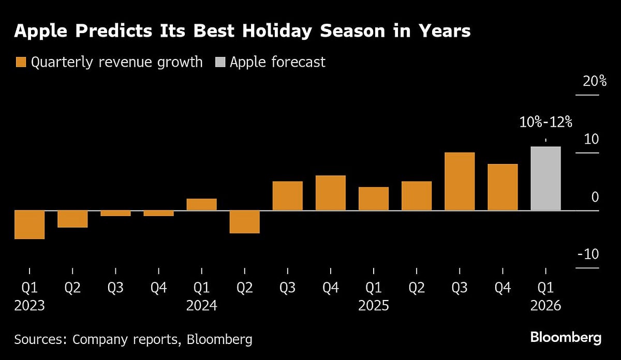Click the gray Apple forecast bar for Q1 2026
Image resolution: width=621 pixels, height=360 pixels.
click(545, 178)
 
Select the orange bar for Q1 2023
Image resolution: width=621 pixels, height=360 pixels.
click(29, 224)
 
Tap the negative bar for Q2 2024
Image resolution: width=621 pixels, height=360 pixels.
click(245, 222)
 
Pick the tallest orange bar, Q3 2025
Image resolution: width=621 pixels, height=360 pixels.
click(460, 182)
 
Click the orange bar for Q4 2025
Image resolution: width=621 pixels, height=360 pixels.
click(502, 187)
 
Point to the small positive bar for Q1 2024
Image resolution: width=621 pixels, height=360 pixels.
click(202, 204)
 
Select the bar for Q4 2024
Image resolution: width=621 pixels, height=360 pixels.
click(331, 193)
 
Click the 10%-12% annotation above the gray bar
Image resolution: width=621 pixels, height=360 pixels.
click(545, 123)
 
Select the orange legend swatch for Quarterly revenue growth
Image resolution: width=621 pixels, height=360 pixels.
click(20, 63)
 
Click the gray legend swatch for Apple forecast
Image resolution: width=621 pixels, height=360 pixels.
click(220, 63)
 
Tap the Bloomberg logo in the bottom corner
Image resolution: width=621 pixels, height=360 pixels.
click(566, 338)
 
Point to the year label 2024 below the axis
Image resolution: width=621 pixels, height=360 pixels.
click(202, 306)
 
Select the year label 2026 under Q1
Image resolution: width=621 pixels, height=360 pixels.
click(545, 306)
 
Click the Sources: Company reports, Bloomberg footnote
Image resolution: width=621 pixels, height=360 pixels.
click(134, 339)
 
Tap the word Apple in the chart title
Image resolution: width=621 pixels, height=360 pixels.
click(41, 32)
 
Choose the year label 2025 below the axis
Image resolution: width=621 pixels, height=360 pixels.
click(374, 306)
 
